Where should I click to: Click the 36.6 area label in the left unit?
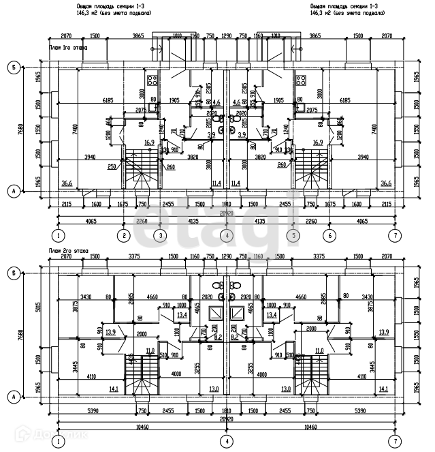[x=67, y=183]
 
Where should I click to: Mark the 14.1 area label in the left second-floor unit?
[x=114, y=389]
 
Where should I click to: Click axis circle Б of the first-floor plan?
[x=12, y=67]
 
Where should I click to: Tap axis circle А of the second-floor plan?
[x=12, y=396]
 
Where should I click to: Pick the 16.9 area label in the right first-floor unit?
[x=317, y=142]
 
